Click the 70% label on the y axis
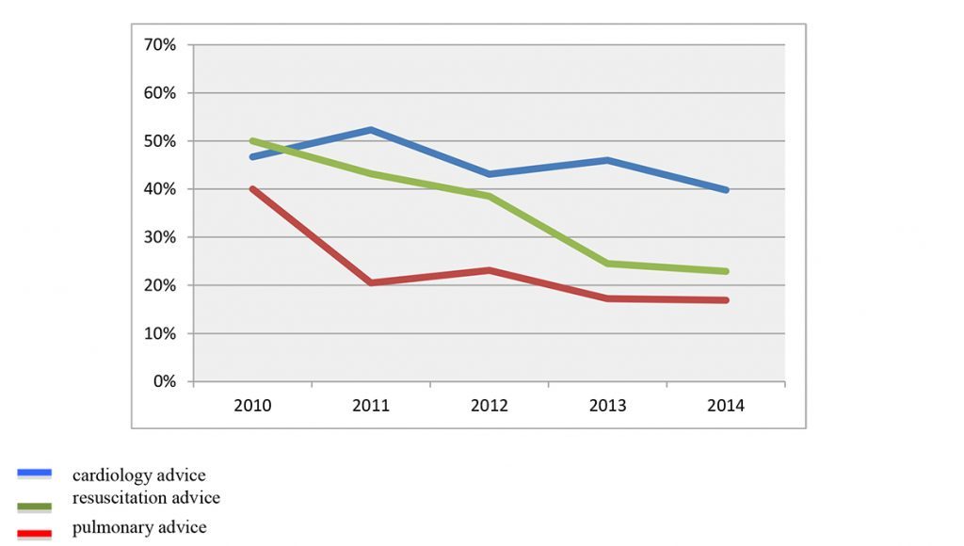[x=160, y=45]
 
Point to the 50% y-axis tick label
[x=160, y=141]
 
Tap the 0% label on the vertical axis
[x=164, y=382]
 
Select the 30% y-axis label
[x=160, y=237]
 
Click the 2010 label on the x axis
[x=252, y=406]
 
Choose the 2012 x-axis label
[x=490, y=406]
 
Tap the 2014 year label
[x=726, y=406]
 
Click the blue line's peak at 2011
[x=371, y=130]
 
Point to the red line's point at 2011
[x=371, y=282]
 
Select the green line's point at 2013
[x=607, y=264]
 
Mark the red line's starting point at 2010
[x=252, y=189]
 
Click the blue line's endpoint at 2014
[x=726, y=190]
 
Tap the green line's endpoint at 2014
[x=726, y=271]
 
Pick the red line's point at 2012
[x=490, y=270]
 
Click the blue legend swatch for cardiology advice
[x=35, y=474]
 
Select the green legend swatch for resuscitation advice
[x=35, y=507]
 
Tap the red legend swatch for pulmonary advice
[x=35, y=535]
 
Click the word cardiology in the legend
[x=112, y=476]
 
